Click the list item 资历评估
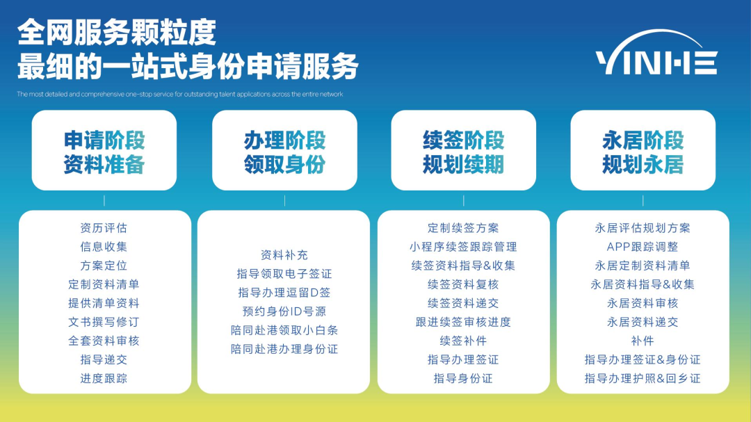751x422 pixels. tap(104, 228)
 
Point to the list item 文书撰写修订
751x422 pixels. tap(104, 322)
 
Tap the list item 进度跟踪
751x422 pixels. tap(104, 378)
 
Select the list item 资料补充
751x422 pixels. tap(284, 255)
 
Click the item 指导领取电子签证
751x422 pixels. tap(284, 274)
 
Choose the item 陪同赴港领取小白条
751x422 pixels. tap(284, 330)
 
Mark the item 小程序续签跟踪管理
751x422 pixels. tap(464, 247)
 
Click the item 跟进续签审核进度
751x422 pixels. tap(464, 322)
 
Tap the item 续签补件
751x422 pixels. tap(464, 341)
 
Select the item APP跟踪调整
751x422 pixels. tap(643, 247)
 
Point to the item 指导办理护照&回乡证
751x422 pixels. tap(643, 378)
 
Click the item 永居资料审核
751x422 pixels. tap(643, 303)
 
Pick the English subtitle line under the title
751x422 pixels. tap(180, 94)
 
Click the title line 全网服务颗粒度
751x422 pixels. tap(117, 32)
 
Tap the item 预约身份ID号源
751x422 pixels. tap(284, 311)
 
